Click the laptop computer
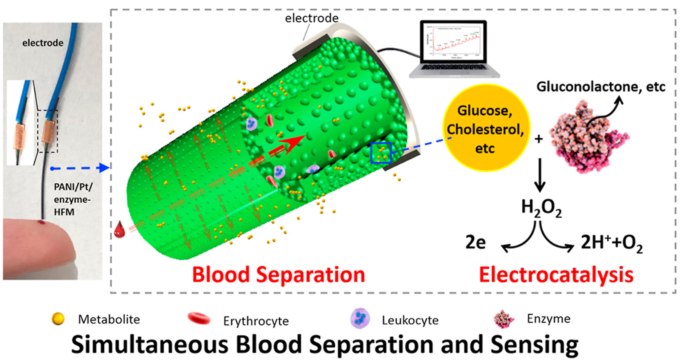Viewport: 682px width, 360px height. tap(454, 49)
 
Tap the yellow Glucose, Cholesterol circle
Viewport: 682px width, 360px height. tap(485, 129)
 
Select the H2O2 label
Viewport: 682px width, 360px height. tap(541, 208)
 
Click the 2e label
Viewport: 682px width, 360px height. tap(475, 243)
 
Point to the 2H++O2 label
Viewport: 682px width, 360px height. tap(612, 243)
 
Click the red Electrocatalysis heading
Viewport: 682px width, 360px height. tap(556, 275)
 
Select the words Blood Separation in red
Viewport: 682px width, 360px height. tap(278, 275)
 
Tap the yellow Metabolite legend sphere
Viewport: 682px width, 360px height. tap(58, 319)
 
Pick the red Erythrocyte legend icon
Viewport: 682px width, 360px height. tap(199, 319)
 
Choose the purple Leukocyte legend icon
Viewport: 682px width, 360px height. tap(360, 318)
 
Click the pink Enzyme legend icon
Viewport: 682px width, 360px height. tap(504, 319)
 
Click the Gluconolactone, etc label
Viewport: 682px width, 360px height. tap(601, 87)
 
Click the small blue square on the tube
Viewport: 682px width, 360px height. tap(381, 153)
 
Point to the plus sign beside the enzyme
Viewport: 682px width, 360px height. tap(539, 139)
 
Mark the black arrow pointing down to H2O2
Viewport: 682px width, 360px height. tap(539, 175)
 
